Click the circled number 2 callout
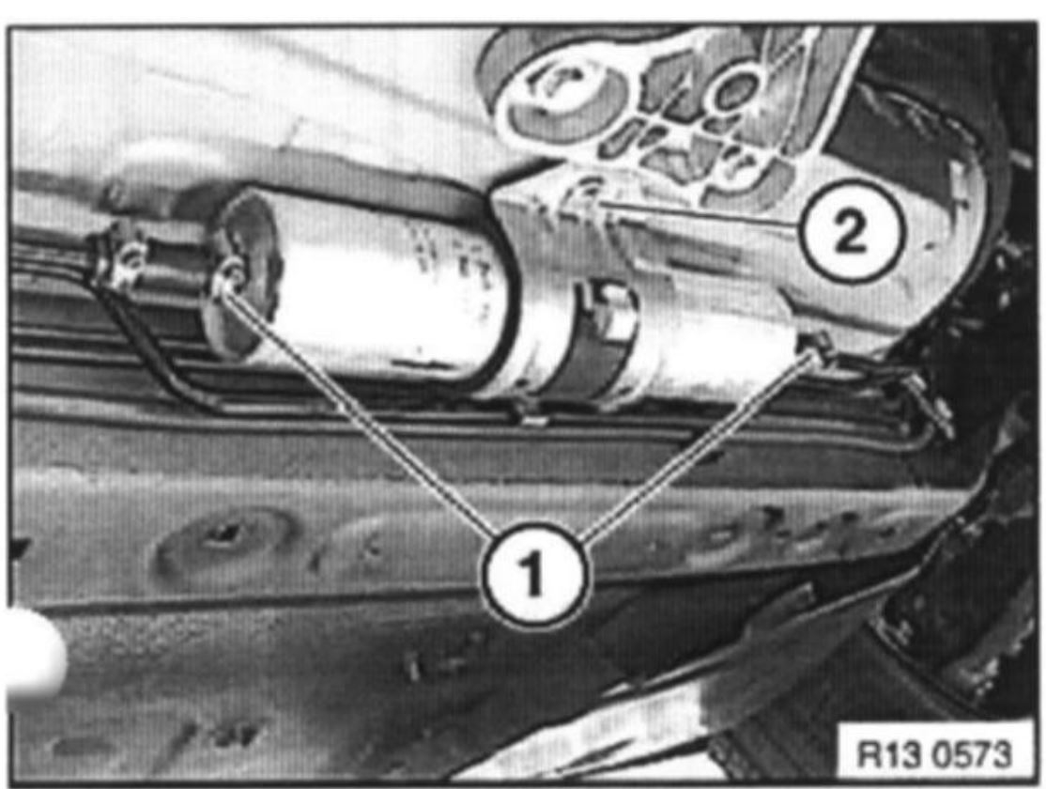click(x=852, y=233)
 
